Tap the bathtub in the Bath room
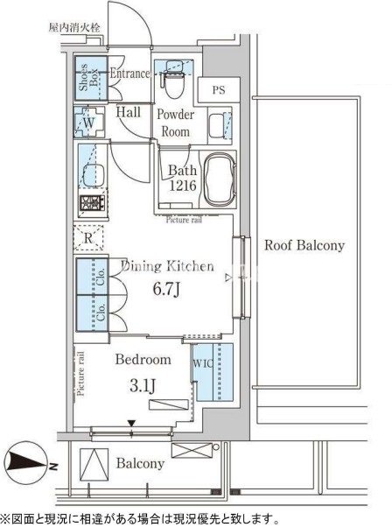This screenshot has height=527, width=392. point(220,179)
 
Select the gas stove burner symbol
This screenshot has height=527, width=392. point(92,202)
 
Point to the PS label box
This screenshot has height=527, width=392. point(219,90)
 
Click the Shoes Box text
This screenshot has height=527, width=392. point(88,77)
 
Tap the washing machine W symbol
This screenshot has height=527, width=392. point(89,122)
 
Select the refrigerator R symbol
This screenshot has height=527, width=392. point(88,238)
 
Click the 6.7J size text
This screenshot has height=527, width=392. point(167,289)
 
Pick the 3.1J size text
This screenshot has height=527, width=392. point(143,385)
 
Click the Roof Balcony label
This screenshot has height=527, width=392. point(304,245)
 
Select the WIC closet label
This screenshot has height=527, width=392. point(202,363)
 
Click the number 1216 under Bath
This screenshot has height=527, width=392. point(182,185)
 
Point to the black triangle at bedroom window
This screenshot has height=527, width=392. point(131,423)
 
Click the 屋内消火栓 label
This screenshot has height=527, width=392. point(73,27)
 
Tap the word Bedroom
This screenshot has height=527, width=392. point(143,359)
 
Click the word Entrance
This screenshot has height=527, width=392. point(129,74)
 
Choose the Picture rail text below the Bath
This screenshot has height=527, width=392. point(184,220)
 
